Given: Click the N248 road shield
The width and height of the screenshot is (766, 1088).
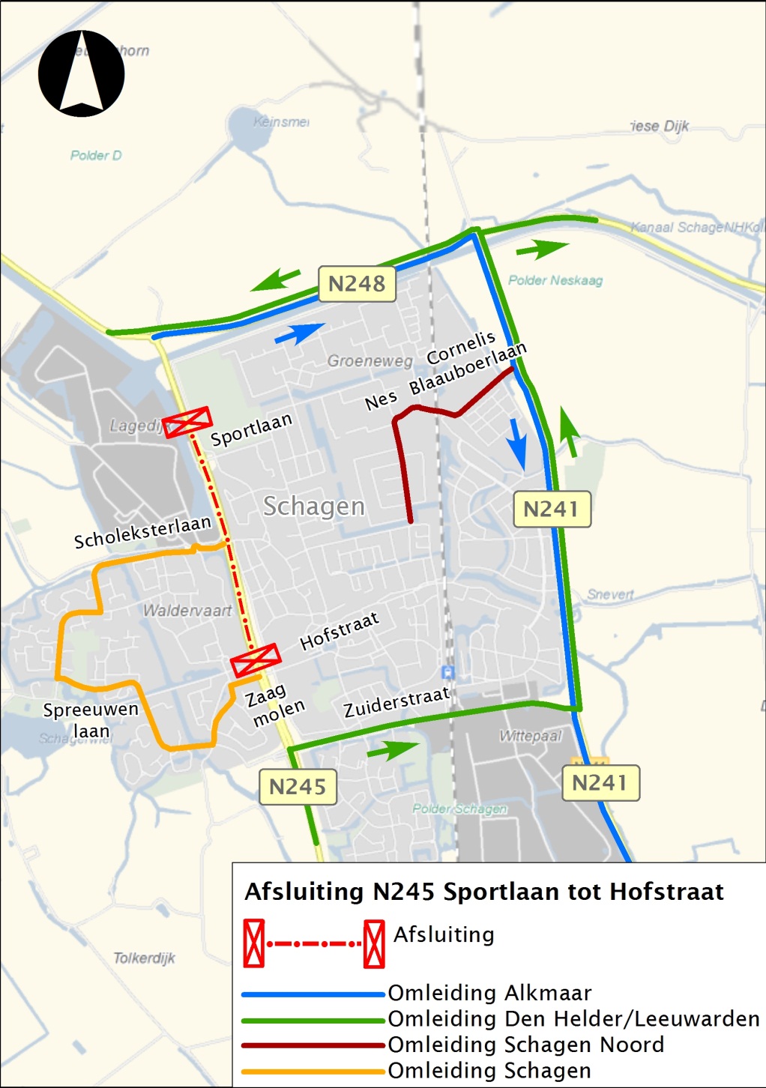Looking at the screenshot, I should coord(357,284).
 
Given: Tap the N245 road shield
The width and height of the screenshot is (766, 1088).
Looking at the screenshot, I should coord(298,787).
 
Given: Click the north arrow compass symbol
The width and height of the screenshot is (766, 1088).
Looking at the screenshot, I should coord(82,73).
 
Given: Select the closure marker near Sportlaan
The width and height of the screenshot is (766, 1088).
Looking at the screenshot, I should coord(187,423).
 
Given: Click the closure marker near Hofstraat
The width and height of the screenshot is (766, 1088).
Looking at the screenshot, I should coord(256,660).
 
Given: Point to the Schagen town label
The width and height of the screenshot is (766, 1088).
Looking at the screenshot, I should coord(313,507).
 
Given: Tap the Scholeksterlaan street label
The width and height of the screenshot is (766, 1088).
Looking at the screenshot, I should coord(142,531).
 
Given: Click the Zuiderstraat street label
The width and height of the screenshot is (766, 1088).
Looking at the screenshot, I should coord(396,702).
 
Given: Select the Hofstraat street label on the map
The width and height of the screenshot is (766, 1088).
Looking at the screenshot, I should coord(340,631).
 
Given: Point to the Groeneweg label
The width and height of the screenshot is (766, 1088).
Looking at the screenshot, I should coord(370,361).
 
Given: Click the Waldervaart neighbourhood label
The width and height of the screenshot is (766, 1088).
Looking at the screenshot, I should coord(187,611).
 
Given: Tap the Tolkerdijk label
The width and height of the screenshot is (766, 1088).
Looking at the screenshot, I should coord(144,958).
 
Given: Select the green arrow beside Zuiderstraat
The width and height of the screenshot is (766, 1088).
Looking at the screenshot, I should coord(393,749).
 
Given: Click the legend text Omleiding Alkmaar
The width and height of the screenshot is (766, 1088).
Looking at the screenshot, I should coord(489,994).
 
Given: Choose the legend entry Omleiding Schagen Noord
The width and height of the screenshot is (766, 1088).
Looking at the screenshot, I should coord(525,1045).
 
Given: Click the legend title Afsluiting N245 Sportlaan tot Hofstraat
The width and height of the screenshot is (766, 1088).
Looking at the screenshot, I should coord(484,892).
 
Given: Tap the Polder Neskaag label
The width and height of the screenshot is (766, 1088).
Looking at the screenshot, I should coord(555,280).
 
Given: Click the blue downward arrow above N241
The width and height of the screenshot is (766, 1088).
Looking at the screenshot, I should coord(517,443).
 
